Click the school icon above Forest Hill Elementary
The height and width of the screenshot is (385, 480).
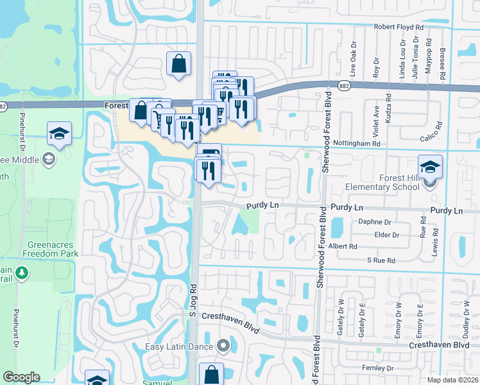[x=430, y=167]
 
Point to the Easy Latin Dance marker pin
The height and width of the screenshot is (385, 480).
[x=223, y=346]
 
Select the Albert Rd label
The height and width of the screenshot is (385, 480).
[x=343, y=246]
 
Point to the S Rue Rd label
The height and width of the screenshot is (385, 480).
[x=381, y=260]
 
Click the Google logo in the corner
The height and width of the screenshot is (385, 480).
[x=21, y=377]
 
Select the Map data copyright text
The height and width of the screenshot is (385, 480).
[x=452, y=380]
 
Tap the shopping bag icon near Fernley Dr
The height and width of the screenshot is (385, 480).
[x=210, y=374]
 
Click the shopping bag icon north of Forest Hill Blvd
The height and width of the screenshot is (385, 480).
[x=178, y=63]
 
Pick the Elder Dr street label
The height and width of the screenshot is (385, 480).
[x=386, y=235]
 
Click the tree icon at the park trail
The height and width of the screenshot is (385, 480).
[x=22, y=273]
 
